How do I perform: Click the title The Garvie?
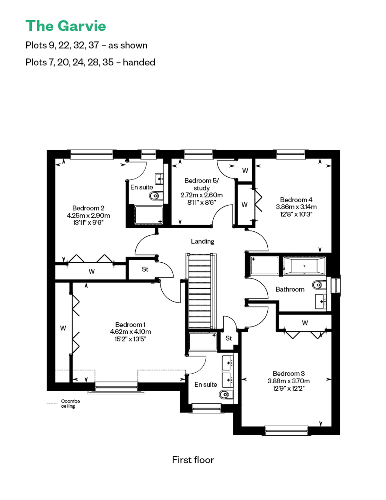(66, 26)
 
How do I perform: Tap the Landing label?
(203, 241)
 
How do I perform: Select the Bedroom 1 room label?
(130, 324)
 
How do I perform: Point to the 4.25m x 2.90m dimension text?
(88, 215)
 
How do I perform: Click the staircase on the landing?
(201, 291)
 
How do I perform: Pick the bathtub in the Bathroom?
(304, 266)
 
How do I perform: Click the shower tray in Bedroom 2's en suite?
(149, 215)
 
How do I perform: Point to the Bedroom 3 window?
(286, 430)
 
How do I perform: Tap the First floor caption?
(193, 460)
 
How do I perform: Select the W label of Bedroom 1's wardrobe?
(63, 328)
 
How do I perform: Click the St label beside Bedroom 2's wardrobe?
(145, 269)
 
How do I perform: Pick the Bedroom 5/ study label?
(201, 184)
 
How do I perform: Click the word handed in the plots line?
(139, 62)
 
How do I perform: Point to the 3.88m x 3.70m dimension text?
(288, 381)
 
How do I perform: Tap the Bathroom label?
(290, 289)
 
